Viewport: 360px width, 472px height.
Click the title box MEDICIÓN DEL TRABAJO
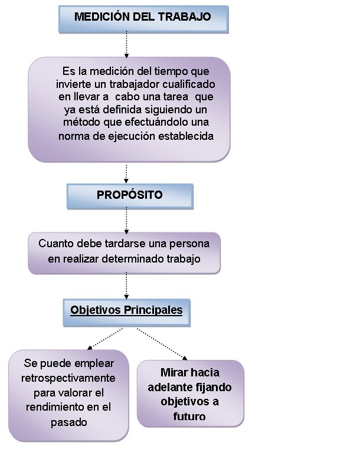143,19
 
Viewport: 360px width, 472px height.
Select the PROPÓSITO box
130,196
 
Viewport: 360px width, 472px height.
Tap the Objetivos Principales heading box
126,313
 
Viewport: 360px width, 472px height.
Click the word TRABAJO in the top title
185,17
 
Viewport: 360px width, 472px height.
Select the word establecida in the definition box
186,136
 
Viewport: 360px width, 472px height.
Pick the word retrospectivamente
68,378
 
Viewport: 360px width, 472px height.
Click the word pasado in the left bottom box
69,422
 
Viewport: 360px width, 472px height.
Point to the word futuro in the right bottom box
189,417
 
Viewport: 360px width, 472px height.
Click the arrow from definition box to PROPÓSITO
126,173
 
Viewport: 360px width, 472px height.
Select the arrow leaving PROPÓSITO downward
126,221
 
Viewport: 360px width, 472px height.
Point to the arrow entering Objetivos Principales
126,286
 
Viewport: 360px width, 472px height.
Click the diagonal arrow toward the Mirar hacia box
162,344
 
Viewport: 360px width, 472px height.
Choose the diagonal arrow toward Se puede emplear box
104,339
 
